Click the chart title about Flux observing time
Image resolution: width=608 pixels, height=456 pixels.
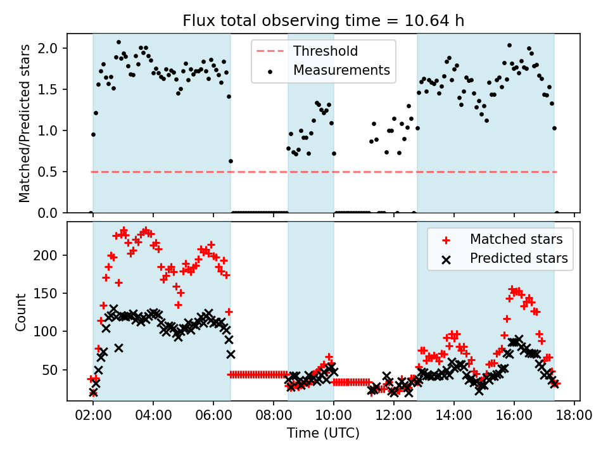tap(324, 20)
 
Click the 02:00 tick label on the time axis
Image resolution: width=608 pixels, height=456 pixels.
tap(93, 416)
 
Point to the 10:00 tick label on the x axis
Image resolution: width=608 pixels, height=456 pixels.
tap(334, 416)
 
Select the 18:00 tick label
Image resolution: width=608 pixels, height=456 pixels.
tap(574, 416)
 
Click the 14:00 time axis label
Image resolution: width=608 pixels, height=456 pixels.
tap(454, 416)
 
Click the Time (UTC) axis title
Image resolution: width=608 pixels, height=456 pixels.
tap(324, 434)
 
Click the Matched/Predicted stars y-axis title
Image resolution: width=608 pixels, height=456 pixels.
tap(24, 123)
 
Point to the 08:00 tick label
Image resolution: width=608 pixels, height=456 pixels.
tap(274, 416)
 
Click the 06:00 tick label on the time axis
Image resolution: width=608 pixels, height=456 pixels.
tap(213, 416)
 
